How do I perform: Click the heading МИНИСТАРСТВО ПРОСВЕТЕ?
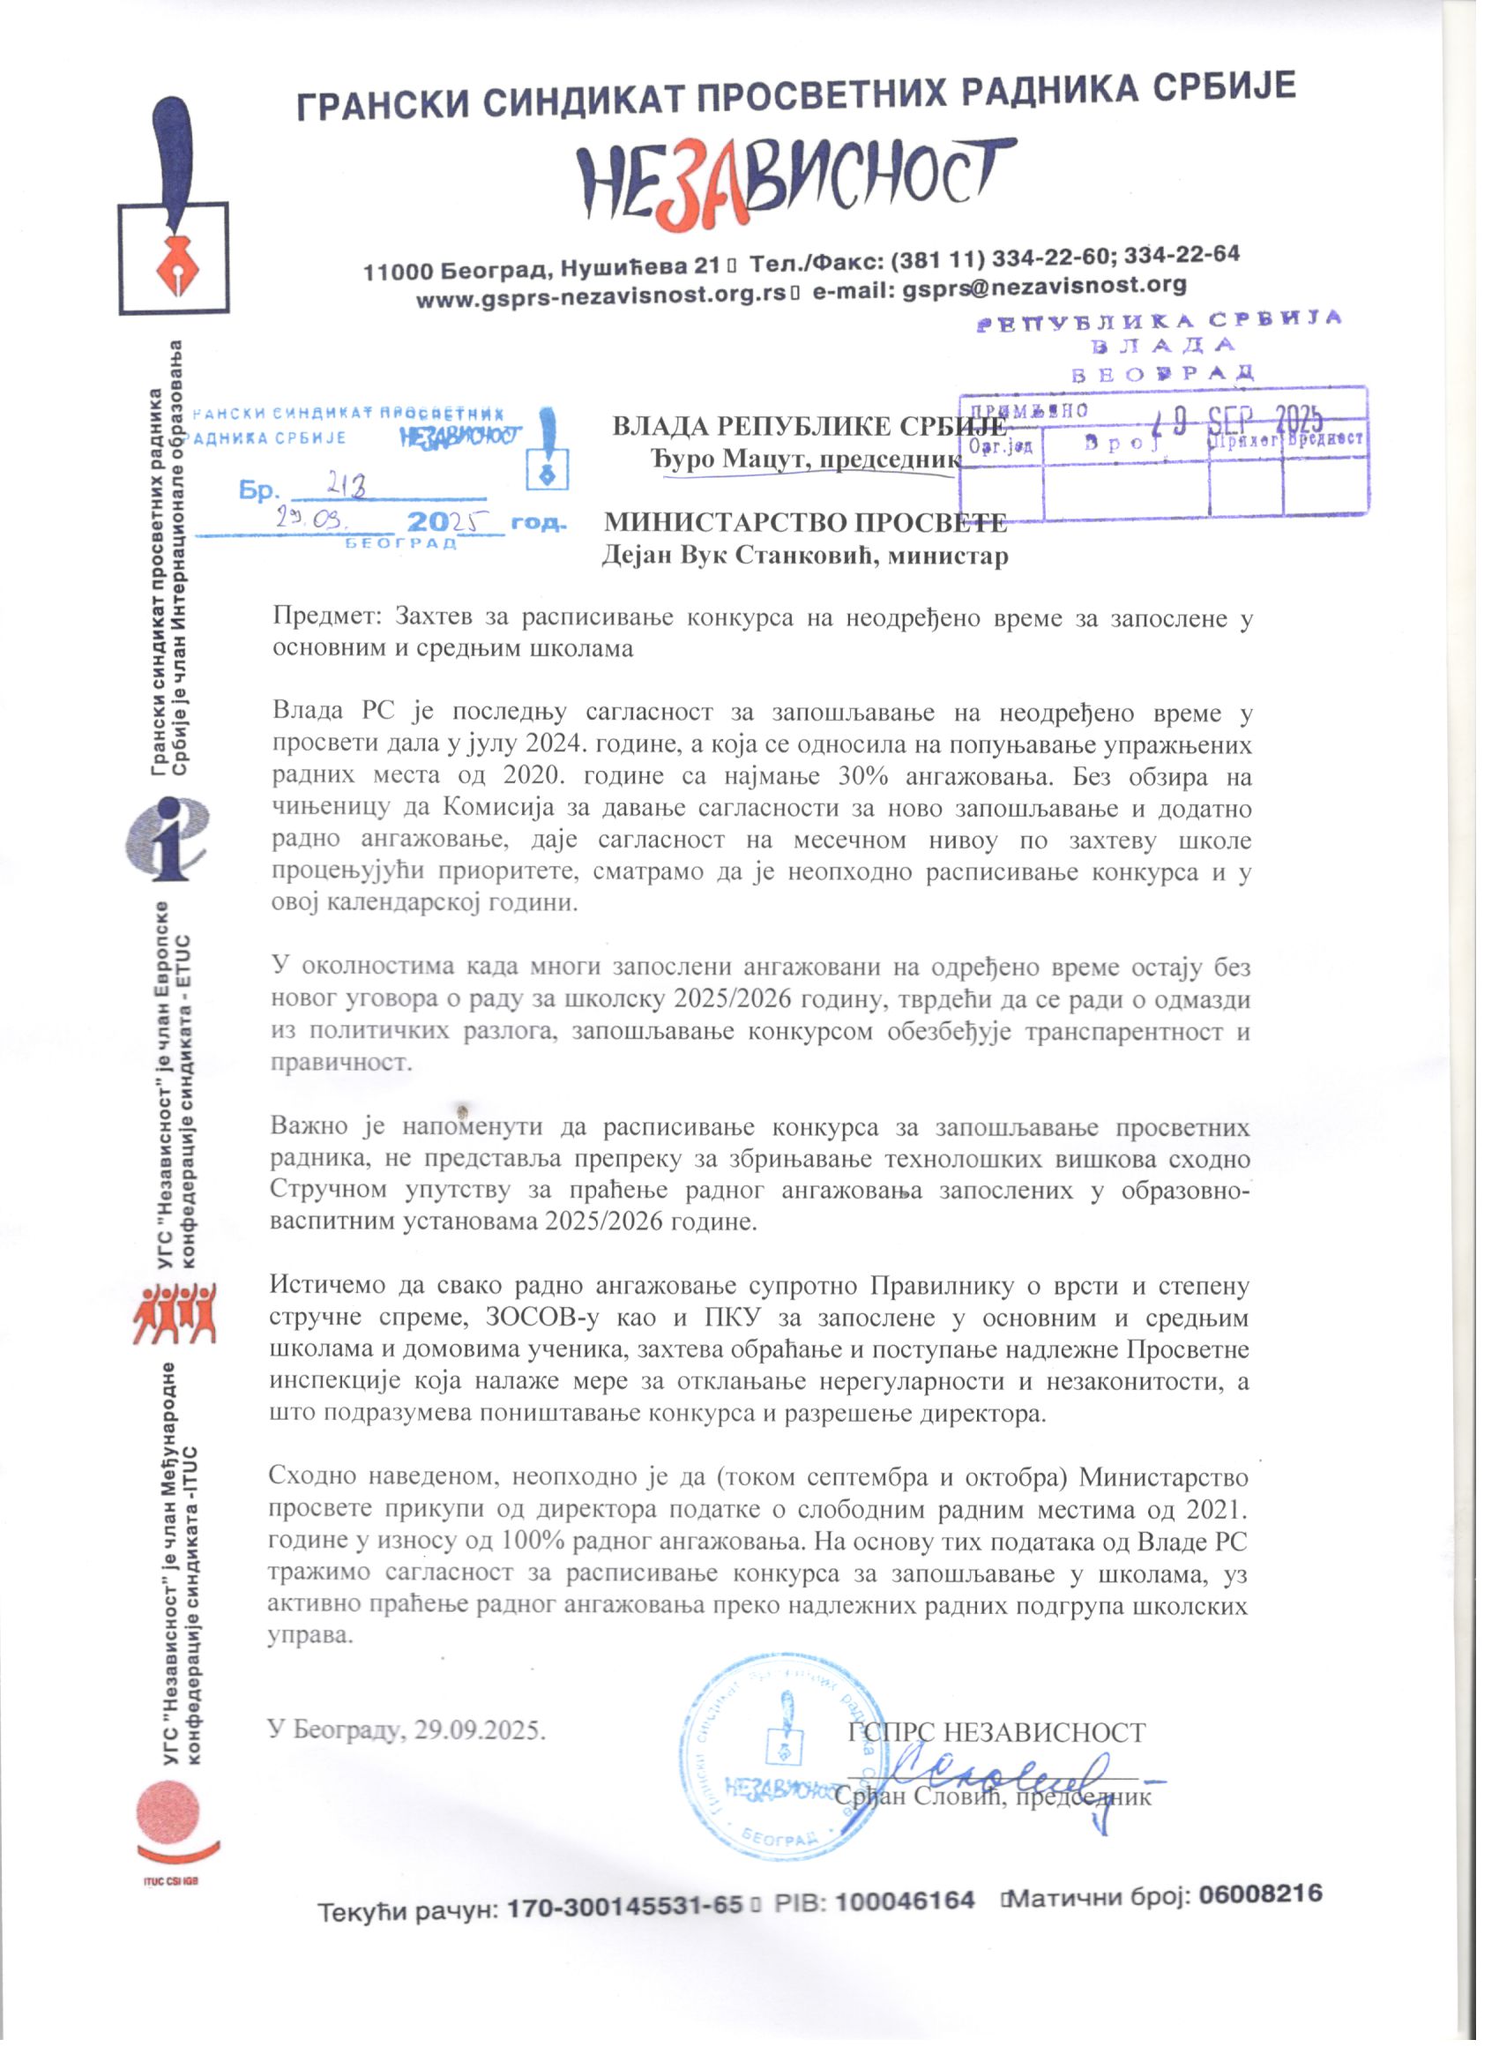805,522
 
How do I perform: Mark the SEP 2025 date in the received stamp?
1264,418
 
